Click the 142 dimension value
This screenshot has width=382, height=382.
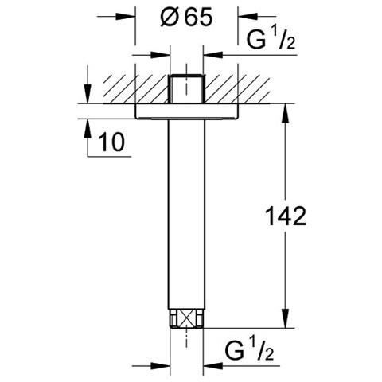pos(285,216)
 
